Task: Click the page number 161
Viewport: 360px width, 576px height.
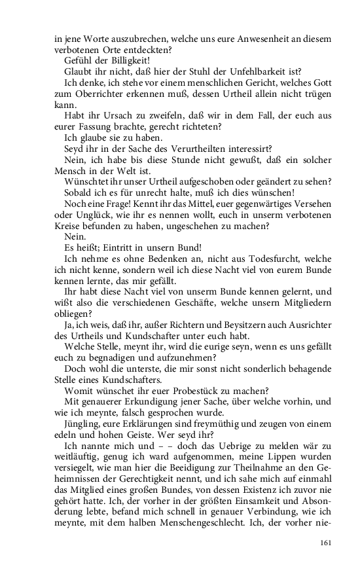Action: click(x=325, y=543)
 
